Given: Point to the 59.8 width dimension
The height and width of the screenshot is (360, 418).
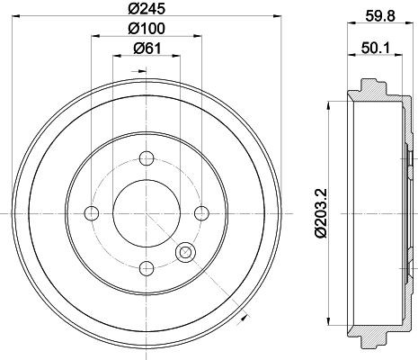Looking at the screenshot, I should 378,13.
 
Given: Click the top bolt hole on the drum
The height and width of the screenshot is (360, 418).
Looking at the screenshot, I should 146,158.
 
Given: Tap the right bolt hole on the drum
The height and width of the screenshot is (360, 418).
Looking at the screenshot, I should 200,212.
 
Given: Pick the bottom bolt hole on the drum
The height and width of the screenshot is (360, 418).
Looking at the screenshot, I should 146,267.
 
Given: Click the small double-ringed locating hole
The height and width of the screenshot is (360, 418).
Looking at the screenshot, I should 187,253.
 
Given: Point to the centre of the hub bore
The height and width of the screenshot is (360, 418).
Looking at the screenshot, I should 146,212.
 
